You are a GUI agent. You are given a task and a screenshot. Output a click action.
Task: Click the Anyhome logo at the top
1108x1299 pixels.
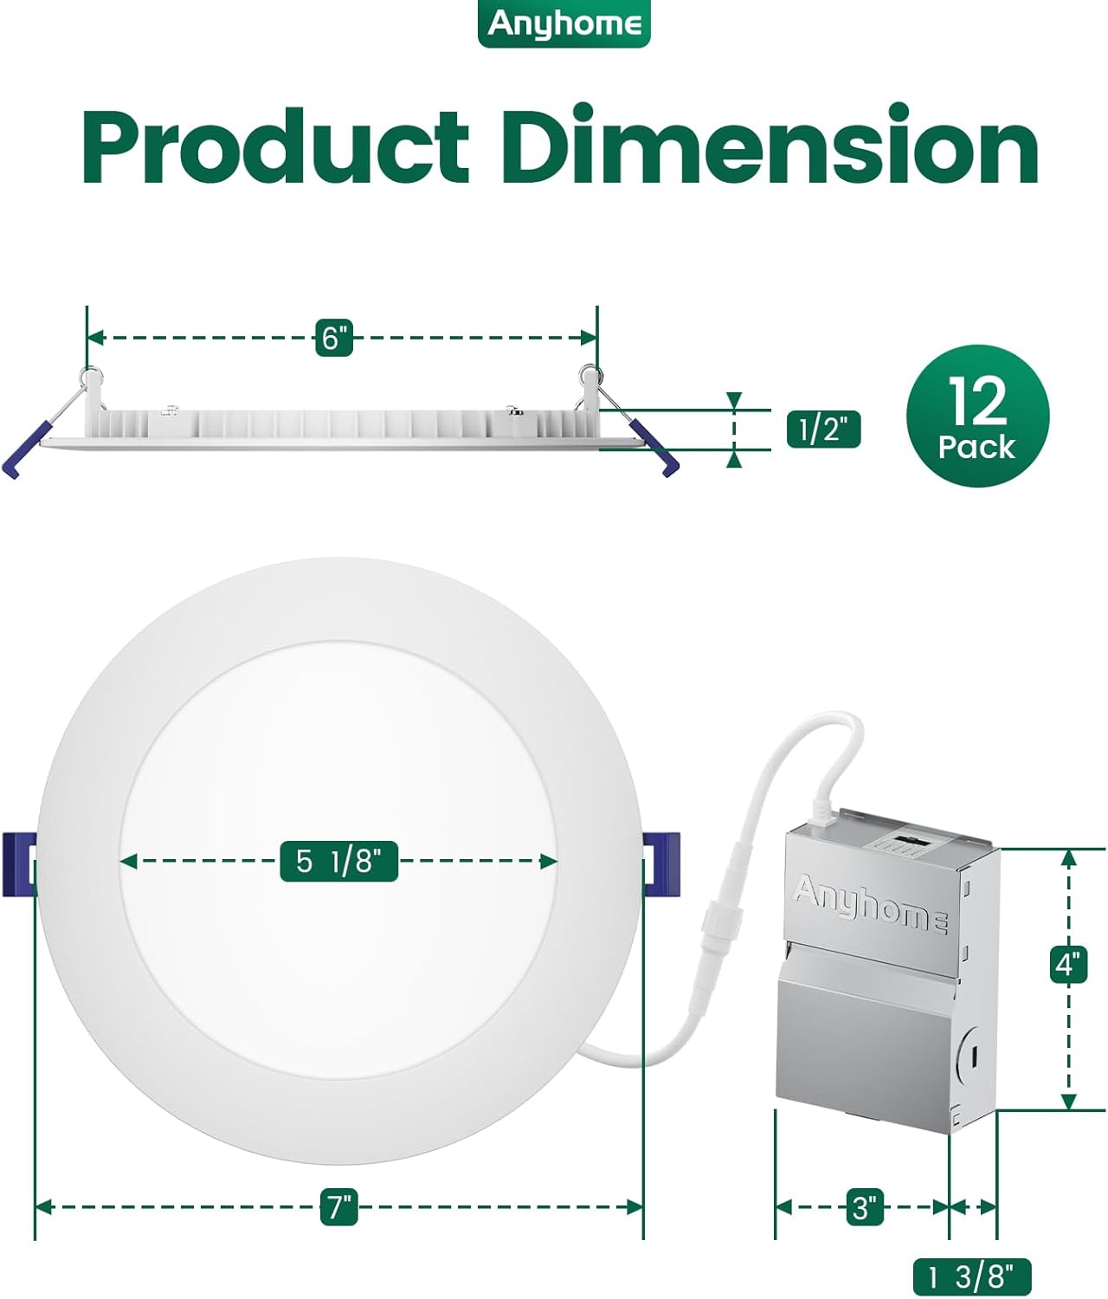(x=564, y=23)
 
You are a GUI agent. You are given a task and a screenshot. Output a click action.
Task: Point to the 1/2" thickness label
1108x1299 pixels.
(x=823, y=430)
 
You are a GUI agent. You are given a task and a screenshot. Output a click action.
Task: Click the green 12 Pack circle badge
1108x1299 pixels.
(x=977, y=416)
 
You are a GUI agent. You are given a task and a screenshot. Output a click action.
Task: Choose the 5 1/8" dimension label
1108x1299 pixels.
(x=338, y=861)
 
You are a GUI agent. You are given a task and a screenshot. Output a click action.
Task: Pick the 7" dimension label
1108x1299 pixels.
(x=338, y=1206)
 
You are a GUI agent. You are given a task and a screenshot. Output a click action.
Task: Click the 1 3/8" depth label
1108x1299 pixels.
(x=972, y=1276)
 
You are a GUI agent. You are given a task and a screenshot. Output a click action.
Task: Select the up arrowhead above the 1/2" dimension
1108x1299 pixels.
(x=735, y=400)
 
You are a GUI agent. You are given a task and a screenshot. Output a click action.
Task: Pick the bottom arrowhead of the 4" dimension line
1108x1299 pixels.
(x=1068, y=1101)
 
